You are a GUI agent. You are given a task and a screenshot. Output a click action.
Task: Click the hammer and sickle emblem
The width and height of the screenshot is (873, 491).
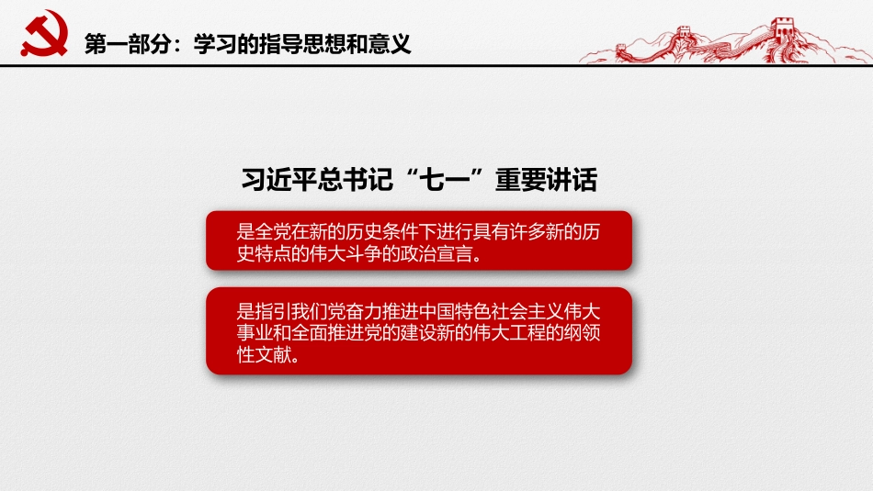pos(40,36)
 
